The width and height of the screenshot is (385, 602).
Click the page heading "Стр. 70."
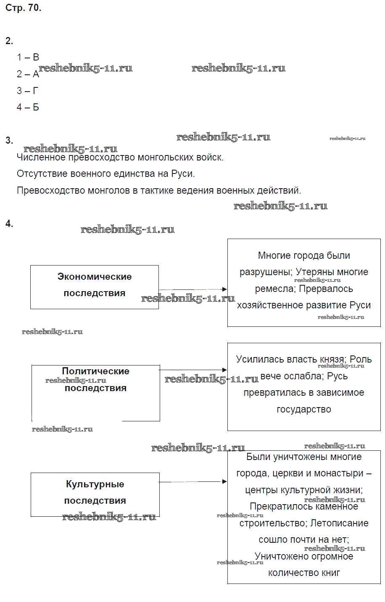coord(24,8)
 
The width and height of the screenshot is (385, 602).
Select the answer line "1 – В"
coord(28,57)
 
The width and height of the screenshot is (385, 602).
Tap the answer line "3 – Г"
coord(28,91)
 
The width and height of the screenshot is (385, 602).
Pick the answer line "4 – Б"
coord(28,107)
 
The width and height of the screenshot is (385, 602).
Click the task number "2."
coord(9,41)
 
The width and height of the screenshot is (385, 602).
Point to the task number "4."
coord(9,223)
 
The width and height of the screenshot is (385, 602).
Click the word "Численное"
coord(41,158)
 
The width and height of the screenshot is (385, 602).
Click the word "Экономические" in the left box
coord(95,277)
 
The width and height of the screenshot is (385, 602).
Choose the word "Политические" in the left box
coord(95,371)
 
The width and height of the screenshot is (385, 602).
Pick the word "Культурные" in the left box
coord(95,484)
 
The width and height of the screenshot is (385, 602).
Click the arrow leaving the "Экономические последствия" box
coord(193,289)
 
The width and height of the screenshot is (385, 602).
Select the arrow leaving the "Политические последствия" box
coord(193,370)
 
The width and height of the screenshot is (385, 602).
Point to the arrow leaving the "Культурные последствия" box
coord(193,481)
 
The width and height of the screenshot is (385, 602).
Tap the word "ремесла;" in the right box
coord(274,289)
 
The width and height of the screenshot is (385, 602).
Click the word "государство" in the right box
coord(304,409)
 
